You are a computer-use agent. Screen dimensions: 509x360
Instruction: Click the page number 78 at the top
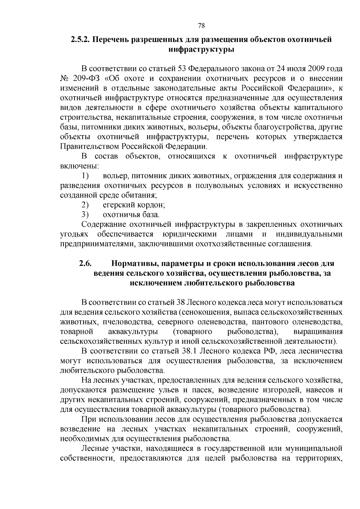coord(201,25)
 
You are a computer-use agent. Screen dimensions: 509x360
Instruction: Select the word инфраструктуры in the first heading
coord(201,49)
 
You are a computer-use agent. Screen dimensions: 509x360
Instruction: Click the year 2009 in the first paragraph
coord(315,69)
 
